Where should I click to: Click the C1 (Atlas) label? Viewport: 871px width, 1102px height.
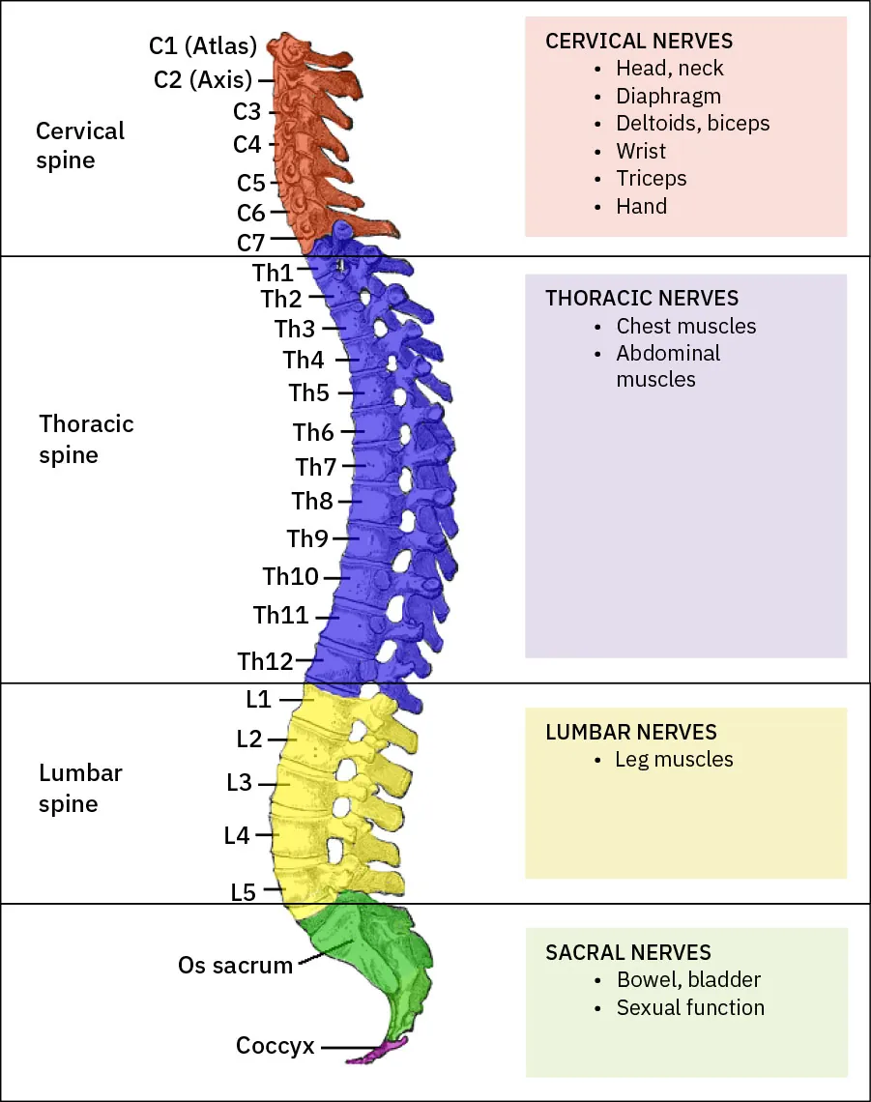coord(202,45)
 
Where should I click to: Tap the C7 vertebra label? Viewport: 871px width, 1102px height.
coord(250,242)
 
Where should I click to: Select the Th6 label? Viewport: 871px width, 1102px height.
coord(313,432)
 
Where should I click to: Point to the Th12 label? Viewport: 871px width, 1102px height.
coord(265,661)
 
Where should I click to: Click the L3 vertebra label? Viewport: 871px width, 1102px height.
coord(239,783)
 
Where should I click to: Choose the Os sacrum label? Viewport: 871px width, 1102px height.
coord(235,965)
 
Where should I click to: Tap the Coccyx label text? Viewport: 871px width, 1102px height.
coord(275,1046)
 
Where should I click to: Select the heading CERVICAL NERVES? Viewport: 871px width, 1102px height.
coord(639,42)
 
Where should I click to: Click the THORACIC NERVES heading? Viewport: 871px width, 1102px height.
coord(642,299)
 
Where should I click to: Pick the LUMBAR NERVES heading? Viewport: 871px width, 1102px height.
coord(631,733)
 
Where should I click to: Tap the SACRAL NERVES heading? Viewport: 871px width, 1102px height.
coord(628,953)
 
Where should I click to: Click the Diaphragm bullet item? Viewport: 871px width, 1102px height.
coord(668,97)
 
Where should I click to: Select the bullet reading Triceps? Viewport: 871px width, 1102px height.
coord(652,179)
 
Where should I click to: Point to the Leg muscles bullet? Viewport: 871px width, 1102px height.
coord(674,760)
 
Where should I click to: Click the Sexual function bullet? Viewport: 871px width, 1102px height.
coord(690,1008)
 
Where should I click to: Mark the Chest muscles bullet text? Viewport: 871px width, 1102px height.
coord(685,327)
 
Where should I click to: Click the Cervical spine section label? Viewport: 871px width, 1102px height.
coord(80,145)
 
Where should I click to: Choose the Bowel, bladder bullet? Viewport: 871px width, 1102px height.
coord(688,980)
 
